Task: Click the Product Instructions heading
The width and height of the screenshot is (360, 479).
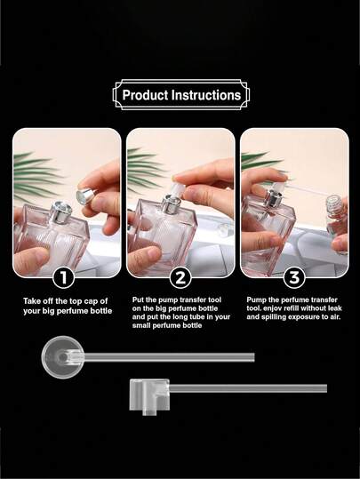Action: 180,94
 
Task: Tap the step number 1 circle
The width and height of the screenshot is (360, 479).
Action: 63,277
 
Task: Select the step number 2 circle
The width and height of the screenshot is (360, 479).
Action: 180,277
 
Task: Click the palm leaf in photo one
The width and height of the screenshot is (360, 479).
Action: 36,173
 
